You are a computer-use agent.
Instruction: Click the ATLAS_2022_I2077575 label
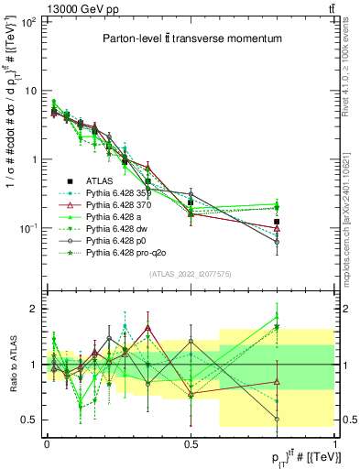point(190,274)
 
